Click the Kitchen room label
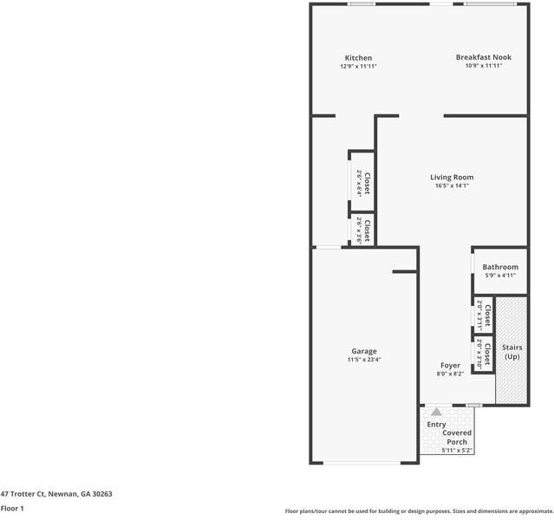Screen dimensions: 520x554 click(358, 58)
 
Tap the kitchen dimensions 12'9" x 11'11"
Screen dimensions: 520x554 click(358, 67)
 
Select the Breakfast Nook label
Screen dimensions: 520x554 click(484, 57)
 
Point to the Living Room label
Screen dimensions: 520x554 click(452, 177)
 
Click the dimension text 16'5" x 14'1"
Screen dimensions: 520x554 click(452, 185)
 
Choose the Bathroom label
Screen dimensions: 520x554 click(500, 267)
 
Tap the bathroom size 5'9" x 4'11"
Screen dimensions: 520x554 click(500, 276)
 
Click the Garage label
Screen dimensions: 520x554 click(364, 351)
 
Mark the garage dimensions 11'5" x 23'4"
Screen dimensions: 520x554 click(364, 360)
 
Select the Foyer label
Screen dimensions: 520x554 click(450, 366)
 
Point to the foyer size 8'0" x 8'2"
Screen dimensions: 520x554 click(450, 375)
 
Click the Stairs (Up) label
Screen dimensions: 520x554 click(512, 352)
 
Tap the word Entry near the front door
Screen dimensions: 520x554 click(436, 424)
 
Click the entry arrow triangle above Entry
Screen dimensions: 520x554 click(436, 412)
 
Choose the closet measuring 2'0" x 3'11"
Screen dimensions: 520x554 click(483, 316)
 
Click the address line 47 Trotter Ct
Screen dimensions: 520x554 click(56, 494)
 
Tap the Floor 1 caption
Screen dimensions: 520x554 click(12, 509)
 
